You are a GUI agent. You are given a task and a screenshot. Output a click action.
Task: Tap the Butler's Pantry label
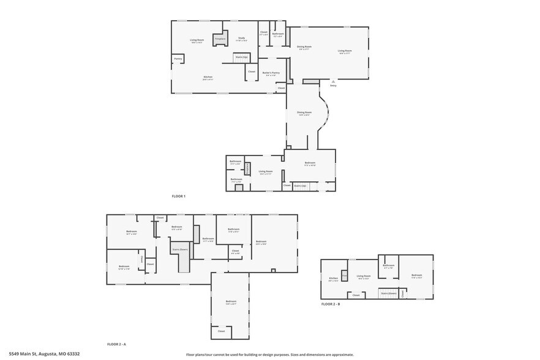[271, 73]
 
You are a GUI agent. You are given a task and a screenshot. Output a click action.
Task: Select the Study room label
[241, 39]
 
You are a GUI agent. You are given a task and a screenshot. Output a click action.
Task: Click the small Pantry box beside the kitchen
[178, 59]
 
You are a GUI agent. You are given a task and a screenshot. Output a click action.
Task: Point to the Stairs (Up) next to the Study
[241, 58]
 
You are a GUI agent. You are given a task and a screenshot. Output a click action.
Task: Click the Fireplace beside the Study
[220, 39]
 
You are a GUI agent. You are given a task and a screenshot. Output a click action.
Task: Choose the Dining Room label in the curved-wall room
[304, 113]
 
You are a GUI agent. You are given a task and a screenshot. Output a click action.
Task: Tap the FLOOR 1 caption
[178, 196]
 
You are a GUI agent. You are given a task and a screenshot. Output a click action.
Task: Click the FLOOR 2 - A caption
[116, 344]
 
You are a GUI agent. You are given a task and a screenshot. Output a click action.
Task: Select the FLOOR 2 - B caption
[330, 304]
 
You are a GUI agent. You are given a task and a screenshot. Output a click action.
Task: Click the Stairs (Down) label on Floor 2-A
[179, 250]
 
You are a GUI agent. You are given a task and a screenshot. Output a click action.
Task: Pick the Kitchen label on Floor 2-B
[333, 279]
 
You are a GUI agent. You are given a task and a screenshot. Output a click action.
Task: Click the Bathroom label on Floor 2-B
[388, 266]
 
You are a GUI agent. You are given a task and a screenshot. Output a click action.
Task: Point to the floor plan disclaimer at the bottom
[269, 354]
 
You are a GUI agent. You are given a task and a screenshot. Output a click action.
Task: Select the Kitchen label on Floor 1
[208, 78]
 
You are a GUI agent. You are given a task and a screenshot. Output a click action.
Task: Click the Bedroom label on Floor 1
[310, 163]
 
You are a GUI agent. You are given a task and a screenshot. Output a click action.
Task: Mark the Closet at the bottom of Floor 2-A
[221, 331]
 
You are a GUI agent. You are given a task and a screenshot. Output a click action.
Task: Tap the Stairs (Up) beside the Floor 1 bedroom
[300, 186]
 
